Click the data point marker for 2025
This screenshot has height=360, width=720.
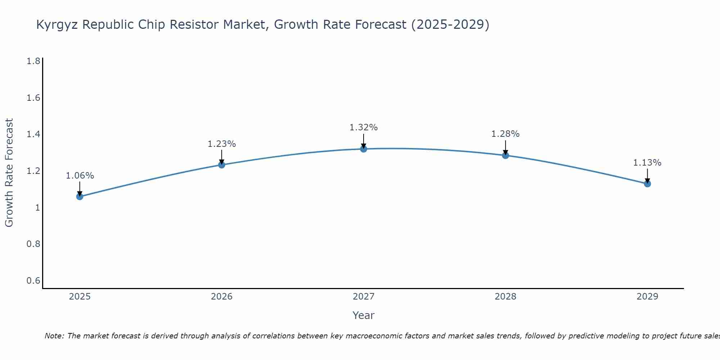[80, 197]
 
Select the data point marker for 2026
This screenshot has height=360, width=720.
[222, 165]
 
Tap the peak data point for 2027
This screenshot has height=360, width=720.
[364, 149]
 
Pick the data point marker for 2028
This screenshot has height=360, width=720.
[505, 156]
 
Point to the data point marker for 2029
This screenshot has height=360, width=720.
[647, 184]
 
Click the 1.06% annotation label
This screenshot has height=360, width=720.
[80, 176]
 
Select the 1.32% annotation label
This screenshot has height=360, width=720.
[364, 127]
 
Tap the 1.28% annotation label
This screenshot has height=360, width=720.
[505, 134]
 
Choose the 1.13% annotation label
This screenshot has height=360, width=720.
[647, 163]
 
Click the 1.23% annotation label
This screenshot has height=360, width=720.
[222, 144]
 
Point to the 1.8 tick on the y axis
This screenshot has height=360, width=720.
[33, 61]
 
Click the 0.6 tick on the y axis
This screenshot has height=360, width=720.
[33, 280]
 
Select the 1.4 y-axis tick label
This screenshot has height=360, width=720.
[33, 134]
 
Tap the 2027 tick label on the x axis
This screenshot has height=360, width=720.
[364, 297]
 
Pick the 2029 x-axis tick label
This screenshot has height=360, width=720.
[647, 297]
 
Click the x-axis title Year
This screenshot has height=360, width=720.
[364, 315]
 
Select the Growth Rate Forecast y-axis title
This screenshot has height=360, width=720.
[9, 173]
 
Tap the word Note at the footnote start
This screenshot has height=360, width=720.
[54, 336]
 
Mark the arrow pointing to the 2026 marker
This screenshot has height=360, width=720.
[222, 157]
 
